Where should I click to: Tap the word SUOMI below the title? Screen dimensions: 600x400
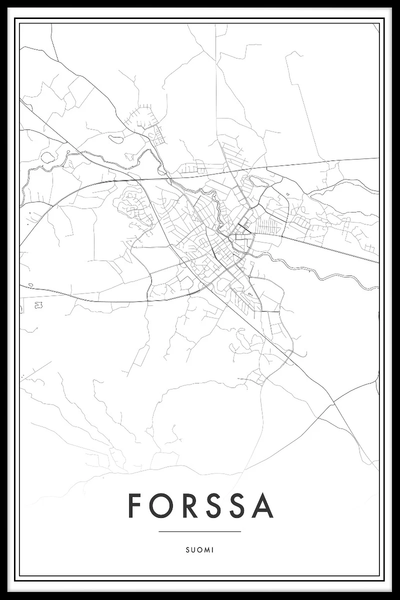coord(199,549)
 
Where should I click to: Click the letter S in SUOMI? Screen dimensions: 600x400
coord(187,549)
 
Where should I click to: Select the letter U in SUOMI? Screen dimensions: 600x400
coord(192,549)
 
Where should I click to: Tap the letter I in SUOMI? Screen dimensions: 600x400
coord(212,549)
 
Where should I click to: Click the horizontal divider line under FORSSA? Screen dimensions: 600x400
coord(199,531)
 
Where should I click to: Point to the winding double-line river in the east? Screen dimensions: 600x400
coord(320,272)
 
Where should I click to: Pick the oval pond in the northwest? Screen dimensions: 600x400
coord(116,139)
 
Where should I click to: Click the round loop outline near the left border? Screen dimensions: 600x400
coord(48,157)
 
